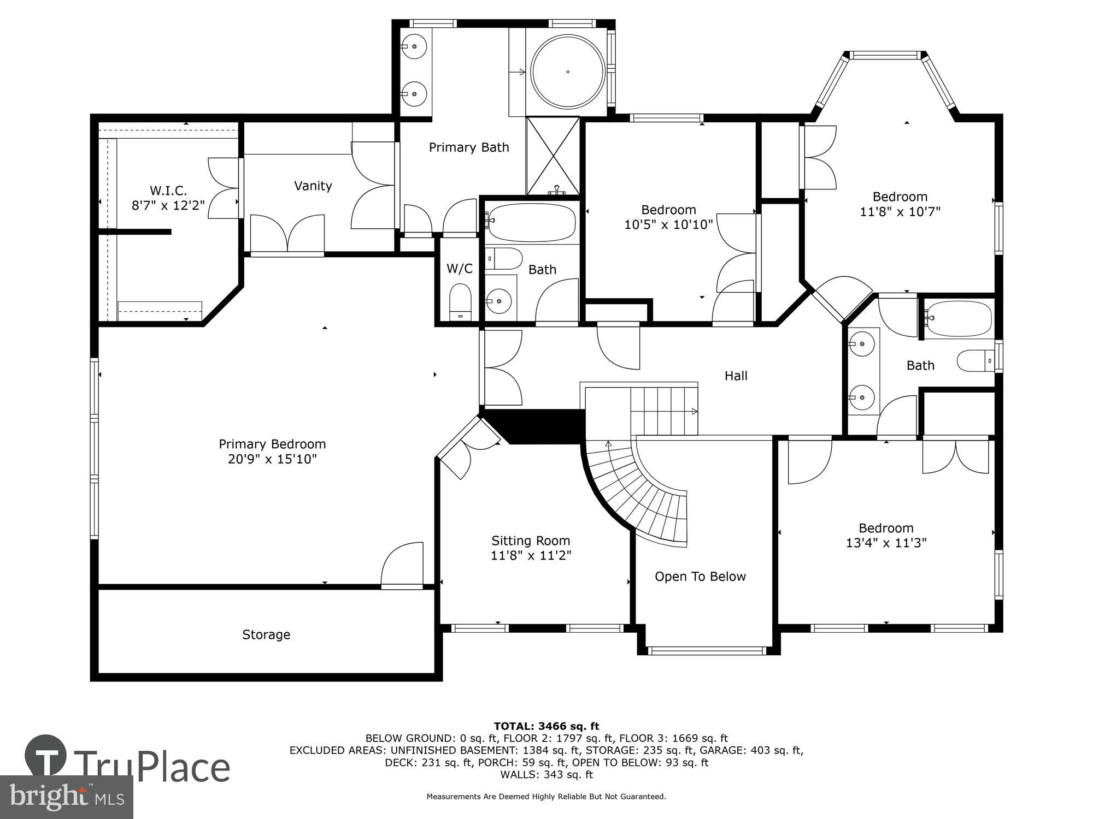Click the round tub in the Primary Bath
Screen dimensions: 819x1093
568,72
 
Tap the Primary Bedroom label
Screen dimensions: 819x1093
272,444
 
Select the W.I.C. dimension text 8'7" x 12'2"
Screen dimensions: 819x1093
168,205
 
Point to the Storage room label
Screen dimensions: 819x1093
266,634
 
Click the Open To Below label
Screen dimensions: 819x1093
700,577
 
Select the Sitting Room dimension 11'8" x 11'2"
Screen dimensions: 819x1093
531,555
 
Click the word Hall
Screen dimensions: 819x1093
736,376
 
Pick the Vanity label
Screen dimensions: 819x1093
313,186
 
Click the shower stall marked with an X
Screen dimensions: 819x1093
553,155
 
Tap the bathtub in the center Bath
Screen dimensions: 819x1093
531,223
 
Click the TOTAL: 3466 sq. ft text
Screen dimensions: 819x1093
546,726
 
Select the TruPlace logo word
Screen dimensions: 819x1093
152,767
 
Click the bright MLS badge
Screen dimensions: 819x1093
66,797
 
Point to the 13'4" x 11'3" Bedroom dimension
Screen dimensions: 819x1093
886,543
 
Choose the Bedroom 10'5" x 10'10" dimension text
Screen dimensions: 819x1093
668,224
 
